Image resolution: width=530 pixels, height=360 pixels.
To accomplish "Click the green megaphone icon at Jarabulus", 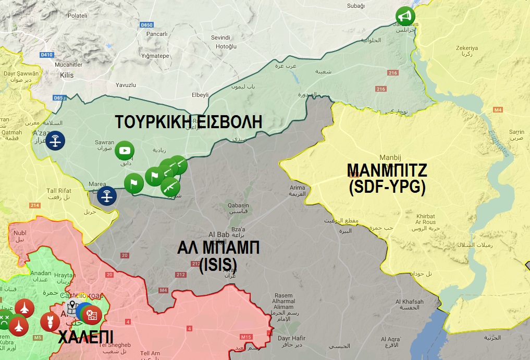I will pyautogui.click(x=404, y=16).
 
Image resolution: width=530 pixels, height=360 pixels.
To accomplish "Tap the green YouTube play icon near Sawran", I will pyautogui.click(x=125, y=151).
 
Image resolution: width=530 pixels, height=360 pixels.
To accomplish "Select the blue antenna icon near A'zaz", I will pyautogui.click(x=55, y=141).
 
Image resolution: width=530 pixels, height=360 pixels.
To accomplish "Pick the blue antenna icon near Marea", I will pyautogui.click(x=107, y=196).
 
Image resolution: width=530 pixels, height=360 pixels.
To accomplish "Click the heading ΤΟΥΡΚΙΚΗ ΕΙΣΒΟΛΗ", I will pyautogui.click(x=188, y=122).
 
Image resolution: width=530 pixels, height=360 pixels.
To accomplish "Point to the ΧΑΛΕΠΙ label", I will pyautogui.click(x=85, y=335).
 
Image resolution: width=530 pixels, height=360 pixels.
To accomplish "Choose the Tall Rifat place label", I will pyautogui.click(x=59, y=191).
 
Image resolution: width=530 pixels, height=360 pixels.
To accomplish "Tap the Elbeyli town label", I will pyautogui.click(x=200, y=95).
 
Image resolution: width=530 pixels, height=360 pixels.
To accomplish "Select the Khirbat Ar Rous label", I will pyautogui.click(x=426, y=219).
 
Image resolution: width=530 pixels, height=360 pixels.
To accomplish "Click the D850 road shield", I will pyautogui.click(x=147, y=25).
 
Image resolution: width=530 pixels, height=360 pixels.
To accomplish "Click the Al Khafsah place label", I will pyautogui.click(x=409, y=302).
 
